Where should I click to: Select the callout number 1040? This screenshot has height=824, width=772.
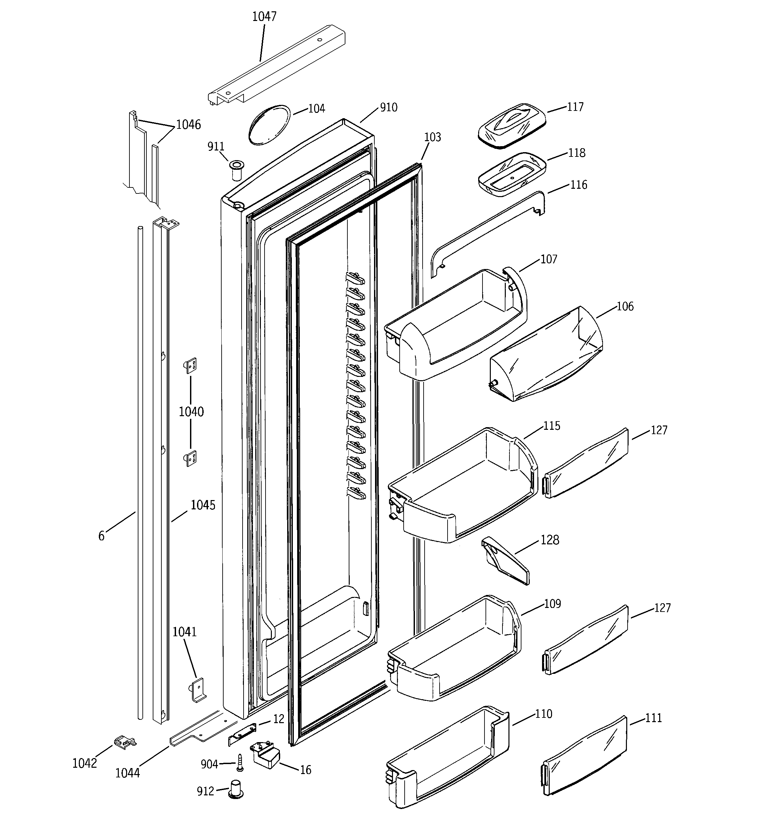click(x=191, y=412)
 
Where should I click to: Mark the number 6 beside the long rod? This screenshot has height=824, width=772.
click(x=101, y=536)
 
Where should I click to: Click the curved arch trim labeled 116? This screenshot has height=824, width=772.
click(x=487, y=232)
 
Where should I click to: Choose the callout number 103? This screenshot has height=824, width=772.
click(x=432, y=137)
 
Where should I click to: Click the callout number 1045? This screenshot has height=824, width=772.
click(x=203, y=505)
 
